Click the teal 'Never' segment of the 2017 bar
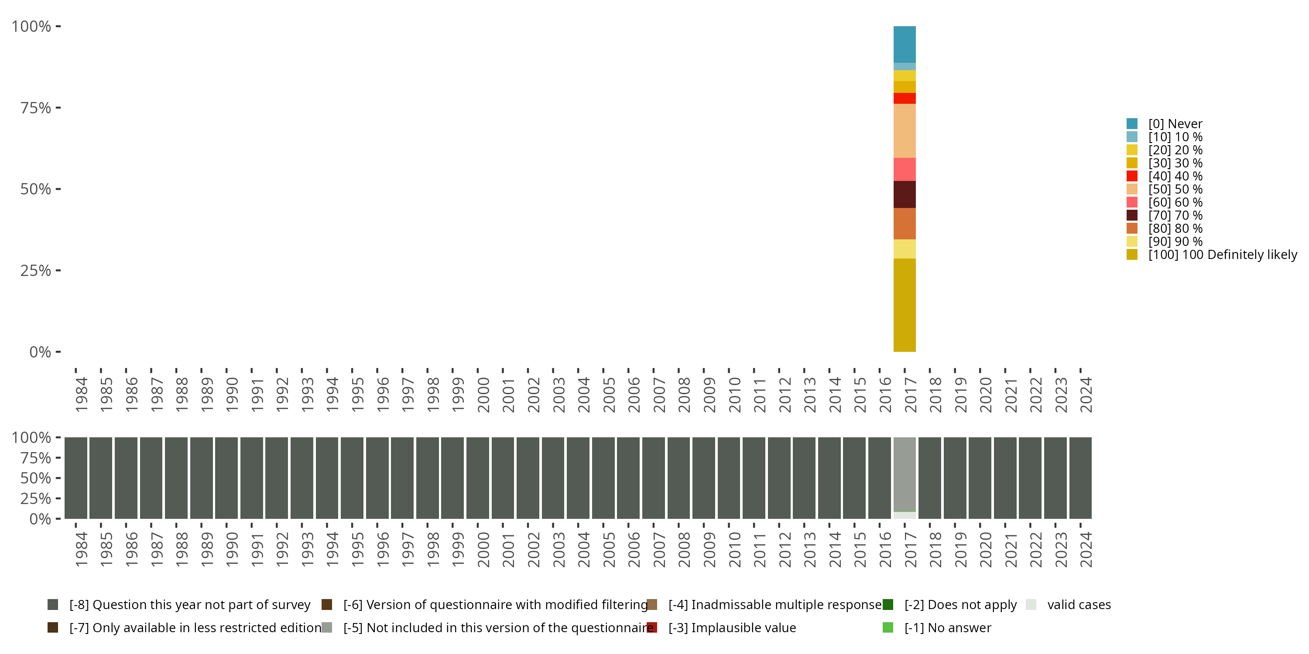tap(905, 44)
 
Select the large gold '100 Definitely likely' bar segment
tap(905, 305)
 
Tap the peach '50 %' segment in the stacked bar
tap(905, 130)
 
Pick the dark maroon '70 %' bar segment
tap(905, 194)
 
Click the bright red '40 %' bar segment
tap(905, 98)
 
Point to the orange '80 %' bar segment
tap(905, 223)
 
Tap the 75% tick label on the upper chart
tap(36, 108)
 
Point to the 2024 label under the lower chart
tap(1086, 550)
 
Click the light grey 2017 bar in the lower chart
tap(905, 474)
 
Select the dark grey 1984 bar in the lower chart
tap(76, 478)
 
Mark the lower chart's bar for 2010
tap(729, 478)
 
